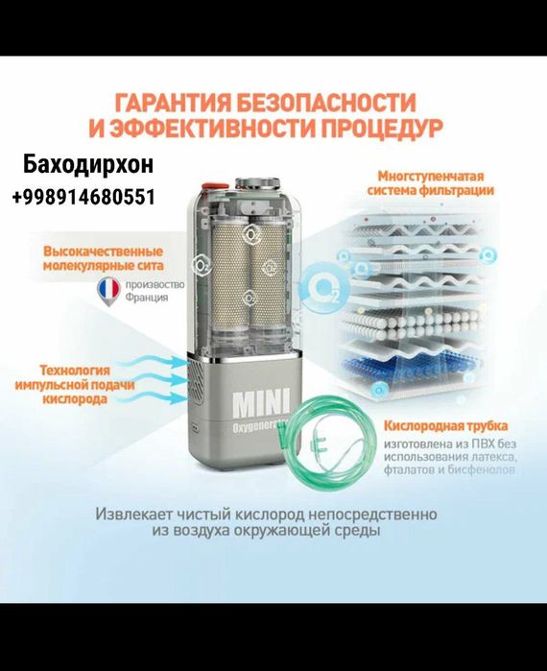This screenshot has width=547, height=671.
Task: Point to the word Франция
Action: coord(147,298)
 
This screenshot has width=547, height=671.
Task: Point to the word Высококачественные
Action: coord(102,252)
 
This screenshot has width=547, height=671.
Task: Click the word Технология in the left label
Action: coord(74,369)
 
